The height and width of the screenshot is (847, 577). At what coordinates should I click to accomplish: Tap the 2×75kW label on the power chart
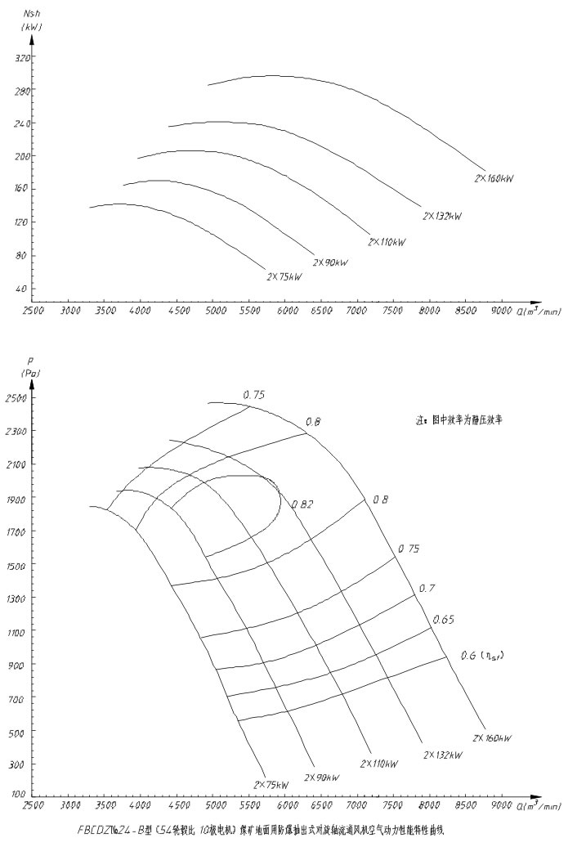point(284,276)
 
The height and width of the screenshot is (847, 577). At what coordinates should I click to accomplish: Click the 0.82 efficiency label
point(302,504)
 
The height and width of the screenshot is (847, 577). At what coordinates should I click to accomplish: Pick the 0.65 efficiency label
point(444,619)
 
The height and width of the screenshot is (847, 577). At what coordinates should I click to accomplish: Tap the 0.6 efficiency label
point(475,654)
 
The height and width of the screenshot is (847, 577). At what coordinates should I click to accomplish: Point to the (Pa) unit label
point(32,374)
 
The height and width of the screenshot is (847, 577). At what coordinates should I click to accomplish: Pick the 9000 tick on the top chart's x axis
point(501,311)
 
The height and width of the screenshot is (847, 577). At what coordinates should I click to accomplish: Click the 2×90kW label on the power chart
point(330,262)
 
